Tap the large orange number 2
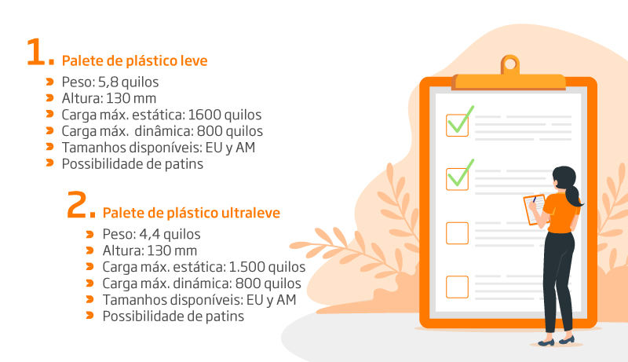[77, 204]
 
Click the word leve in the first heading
[194, 61]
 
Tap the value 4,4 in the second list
[149, 234]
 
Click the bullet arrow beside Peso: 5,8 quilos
[49, 82]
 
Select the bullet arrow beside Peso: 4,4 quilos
[89, 234]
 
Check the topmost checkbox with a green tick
[458, 126]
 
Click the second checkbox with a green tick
[458, 179]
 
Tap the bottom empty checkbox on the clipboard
[458, 287]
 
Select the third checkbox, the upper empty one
[458, 233]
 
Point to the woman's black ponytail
[574, 196]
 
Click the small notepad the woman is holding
[535, 209]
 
